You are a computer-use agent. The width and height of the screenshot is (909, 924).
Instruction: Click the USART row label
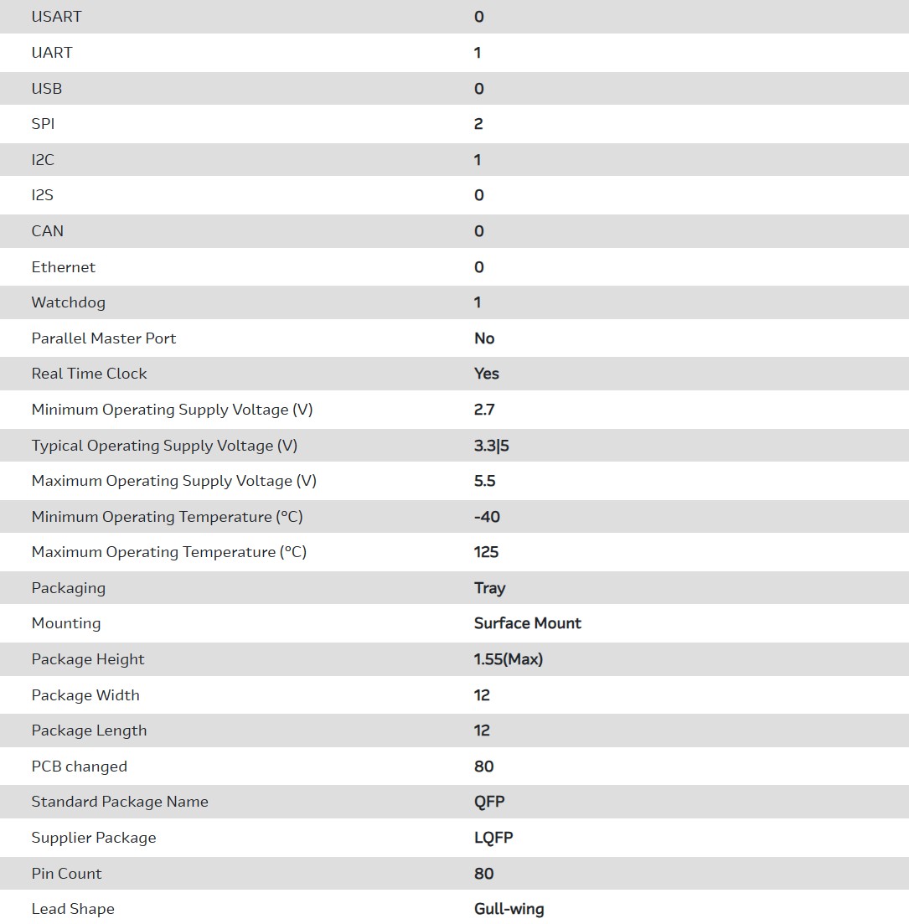pos(56,17)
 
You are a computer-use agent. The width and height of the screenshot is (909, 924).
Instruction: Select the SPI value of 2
pos(478,124)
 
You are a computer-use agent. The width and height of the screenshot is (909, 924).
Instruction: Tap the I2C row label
pos(43,160)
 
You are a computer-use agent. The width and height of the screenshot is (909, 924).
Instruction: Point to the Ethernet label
pos(64,267)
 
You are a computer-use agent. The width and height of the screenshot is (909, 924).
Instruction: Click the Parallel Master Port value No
pos(484,338)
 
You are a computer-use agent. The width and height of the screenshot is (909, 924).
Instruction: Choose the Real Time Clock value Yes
pos(487,374)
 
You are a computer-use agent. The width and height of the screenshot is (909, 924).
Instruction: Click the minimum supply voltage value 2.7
pos(484,410)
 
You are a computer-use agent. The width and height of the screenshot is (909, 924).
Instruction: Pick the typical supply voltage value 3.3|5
pos(492,446)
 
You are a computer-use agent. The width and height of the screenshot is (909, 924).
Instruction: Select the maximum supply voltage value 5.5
pos(485,481)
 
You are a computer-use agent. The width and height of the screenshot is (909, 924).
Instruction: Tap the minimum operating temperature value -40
pos(487,517)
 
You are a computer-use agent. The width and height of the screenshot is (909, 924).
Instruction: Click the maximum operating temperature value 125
pos(486,552)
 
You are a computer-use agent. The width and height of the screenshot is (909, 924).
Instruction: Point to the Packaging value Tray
pos(489,588)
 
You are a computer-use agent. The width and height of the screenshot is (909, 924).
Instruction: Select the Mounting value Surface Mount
pos(528,623)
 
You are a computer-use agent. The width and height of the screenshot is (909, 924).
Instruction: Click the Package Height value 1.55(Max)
pos(509,659)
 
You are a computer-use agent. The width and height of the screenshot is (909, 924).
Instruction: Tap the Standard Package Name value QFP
pos(489,802)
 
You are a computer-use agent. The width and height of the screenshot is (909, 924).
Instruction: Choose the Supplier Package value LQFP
pos(493,838)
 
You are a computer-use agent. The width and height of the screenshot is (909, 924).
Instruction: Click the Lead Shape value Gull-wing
pos(509,909)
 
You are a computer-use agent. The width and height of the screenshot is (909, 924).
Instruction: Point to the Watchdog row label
pos(69,302)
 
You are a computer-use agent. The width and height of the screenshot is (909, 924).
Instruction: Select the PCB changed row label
pos(80,767)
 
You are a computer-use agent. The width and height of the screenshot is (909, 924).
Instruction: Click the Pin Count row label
pos(67,873)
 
